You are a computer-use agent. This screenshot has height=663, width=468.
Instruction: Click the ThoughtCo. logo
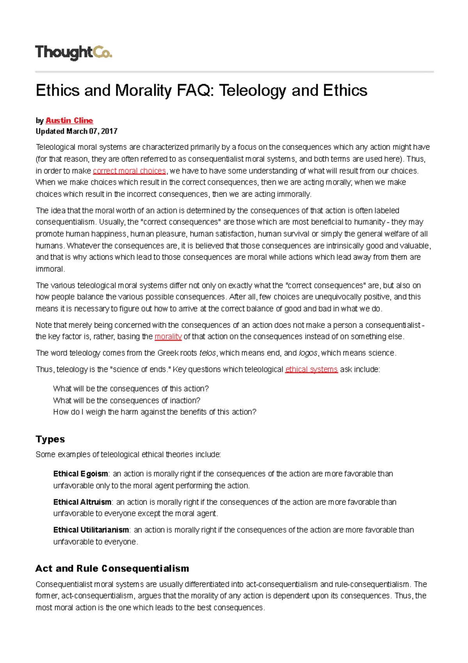(73, 52)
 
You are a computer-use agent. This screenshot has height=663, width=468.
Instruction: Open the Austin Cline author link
(69, 120)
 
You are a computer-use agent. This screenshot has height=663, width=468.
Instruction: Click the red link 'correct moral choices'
(129, 171)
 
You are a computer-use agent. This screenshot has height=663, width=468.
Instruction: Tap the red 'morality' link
(168, 337)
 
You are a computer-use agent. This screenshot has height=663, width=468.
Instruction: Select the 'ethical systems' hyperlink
(311, 369)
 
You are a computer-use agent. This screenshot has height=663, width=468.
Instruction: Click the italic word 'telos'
(207, 353)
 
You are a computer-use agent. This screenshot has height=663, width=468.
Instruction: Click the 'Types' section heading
(50, 439)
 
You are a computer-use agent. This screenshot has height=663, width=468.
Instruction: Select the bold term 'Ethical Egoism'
(80, 474)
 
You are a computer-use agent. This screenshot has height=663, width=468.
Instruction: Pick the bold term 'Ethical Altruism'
(82, 502)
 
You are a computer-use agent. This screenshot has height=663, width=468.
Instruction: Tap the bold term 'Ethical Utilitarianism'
(91, 530)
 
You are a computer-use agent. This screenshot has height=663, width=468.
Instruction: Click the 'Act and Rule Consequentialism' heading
(112, 569)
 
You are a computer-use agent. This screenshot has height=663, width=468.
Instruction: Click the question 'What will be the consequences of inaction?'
(126, 401)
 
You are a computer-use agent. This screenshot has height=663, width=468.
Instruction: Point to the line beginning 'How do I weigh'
(154, 412)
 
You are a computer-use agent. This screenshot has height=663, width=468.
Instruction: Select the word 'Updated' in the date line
(50, 131)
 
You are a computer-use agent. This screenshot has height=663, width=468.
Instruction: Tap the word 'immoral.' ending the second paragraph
(50, 269)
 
